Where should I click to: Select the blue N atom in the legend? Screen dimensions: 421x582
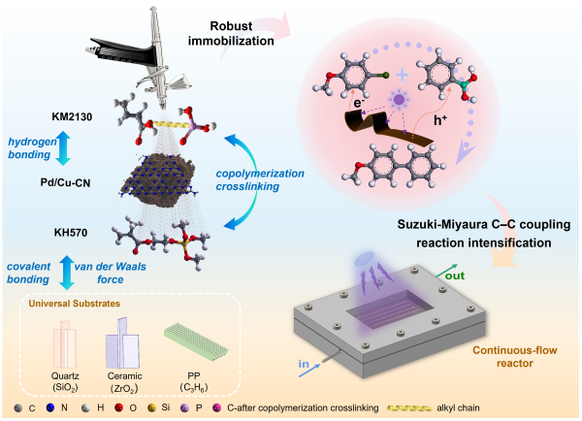click(52, 406)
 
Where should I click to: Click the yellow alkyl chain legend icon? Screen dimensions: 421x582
click(485, 406)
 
